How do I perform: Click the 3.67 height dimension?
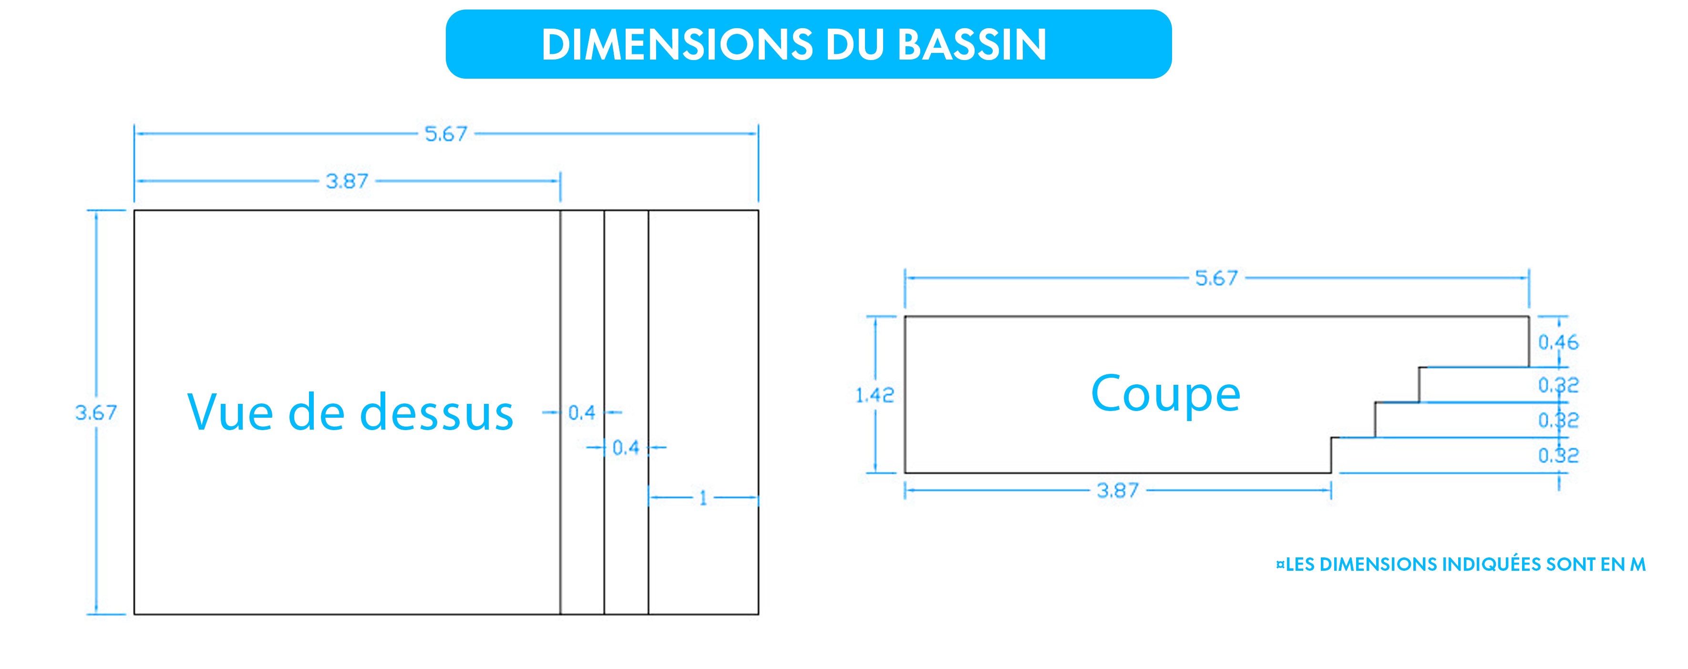tap(96, 413)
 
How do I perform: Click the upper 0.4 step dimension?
tap(582, 413)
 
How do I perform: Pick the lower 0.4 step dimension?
tap(626, 448)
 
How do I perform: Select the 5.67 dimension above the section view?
tap(1217, 278)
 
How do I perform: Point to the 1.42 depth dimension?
tap(875, 395)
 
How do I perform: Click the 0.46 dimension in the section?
tap(1558, 342)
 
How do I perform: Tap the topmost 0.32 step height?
tap(1558, 385)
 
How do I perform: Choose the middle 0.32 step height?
tap(1558, 420)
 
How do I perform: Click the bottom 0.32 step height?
tap(1558, 455)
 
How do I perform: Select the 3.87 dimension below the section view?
tap(1118, 490)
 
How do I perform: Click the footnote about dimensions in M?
tap(1461, 564)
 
